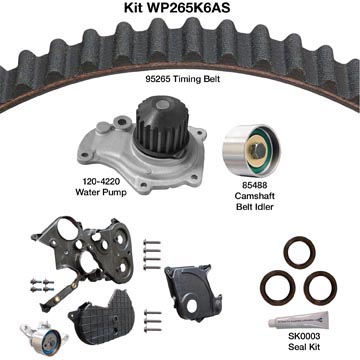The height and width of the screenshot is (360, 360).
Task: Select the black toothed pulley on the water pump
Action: click(162, 127)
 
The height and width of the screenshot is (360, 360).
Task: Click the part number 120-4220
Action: click(102, 182)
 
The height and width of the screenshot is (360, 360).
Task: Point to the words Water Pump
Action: click(101, 192)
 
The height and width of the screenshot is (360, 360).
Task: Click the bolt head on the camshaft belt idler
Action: click(258, 151)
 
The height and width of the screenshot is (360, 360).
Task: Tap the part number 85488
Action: click(255, 184)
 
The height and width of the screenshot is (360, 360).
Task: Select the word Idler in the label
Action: click(264, 207)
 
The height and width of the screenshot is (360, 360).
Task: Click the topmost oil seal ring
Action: click(299, 252)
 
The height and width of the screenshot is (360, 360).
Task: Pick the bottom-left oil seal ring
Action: click(279, 286)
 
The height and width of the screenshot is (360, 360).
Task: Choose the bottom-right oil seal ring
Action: click(321, 288)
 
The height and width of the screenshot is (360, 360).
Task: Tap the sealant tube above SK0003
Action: click(299, 320)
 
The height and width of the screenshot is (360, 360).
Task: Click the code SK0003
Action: click(304, 336)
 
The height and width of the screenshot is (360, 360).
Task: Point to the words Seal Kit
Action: click(304, 347)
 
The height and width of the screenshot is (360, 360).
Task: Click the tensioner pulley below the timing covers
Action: click(45, 334)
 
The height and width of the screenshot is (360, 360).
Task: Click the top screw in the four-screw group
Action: click(152, 242)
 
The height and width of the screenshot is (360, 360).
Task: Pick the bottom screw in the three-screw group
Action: click(153, 329)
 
